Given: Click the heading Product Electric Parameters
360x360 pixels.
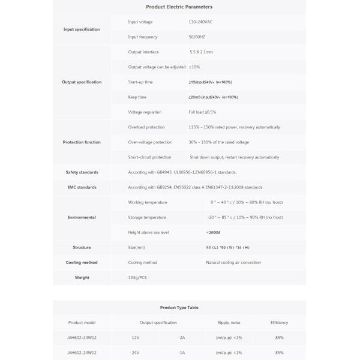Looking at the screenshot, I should [x=179, y=7].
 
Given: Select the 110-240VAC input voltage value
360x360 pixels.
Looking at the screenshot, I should [x=201, y=22].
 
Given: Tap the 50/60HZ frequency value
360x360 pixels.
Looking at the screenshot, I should [x=197, y=37].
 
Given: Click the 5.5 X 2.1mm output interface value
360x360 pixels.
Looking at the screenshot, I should [x=201, y=52].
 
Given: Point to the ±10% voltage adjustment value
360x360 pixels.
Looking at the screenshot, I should [x=194, y=67].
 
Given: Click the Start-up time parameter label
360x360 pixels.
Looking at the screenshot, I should [x=140, y=82].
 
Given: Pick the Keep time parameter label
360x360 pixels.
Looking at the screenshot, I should [x=137, y=97].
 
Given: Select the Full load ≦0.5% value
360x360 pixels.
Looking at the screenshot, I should [x=202, y=112].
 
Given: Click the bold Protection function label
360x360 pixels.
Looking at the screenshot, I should [x=82, y=142].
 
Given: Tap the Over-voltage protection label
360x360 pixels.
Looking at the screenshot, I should [x=150, y=142].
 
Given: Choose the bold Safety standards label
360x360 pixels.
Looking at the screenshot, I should [x=82, y=172].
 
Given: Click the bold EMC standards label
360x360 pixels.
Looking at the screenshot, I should [x=82, y=187].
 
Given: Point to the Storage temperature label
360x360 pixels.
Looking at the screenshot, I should [x=147, y=217].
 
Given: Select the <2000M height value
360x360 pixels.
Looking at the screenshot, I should [x=214, y=232].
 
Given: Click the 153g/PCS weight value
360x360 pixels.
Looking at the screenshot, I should [x=139, y=277].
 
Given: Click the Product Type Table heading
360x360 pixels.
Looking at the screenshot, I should [x=179, y=307].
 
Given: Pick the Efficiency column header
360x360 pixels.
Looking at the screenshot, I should [x=279, y=322].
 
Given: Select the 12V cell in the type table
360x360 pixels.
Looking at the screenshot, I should [x=135, y=337].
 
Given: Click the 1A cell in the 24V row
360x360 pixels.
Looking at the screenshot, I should [x=182, y=352].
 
